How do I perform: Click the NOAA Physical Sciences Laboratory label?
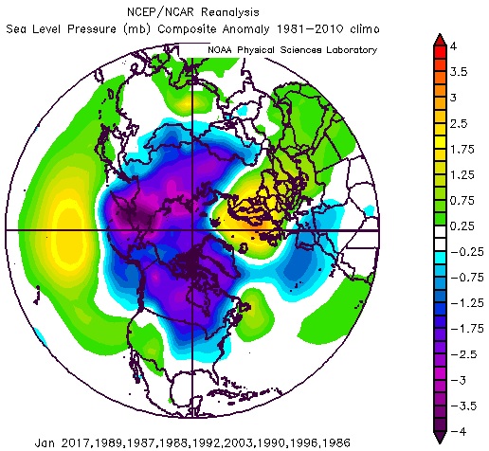tap(285, 49)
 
